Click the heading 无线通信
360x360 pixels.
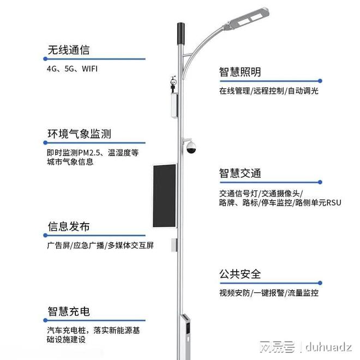68,50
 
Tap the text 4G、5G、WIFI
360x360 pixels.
72,69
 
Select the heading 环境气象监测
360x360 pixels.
79,134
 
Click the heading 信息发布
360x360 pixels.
68,226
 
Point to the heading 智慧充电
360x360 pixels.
68,311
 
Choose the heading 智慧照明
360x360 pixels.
240,72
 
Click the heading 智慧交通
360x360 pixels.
240,173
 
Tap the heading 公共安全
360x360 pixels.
240,274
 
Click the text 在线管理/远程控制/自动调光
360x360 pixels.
268,91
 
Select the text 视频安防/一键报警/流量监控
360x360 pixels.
268,293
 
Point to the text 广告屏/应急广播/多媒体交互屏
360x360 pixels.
100,245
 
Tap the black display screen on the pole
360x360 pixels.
165,196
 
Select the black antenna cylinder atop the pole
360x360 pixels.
181,33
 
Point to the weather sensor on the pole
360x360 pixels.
173,84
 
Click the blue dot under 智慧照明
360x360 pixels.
320,81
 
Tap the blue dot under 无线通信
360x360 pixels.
45,59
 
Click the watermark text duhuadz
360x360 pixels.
328,346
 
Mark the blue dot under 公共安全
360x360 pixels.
320,283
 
